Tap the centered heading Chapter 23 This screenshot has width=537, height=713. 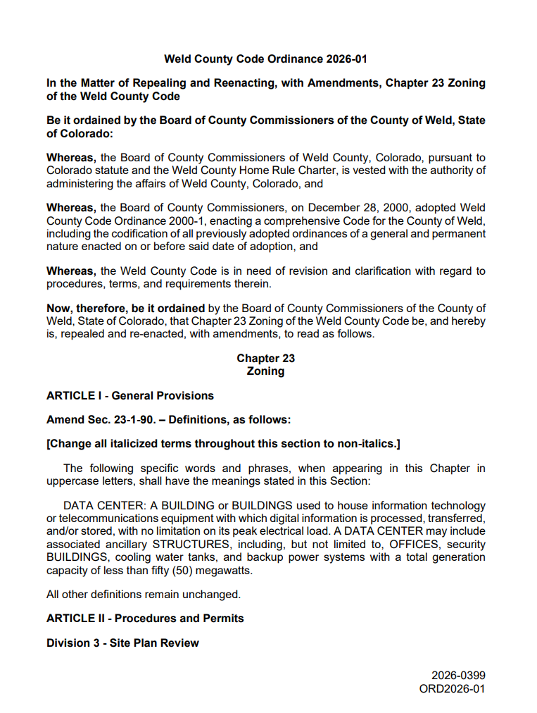(265, 359)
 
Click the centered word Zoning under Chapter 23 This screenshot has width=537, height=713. (265, 371)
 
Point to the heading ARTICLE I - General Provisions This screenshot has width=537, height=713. (130, 396)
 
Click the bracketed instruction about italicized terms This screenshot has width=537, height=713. (223, 444)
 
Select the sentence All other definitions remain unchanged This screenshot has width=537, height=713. (144, 594)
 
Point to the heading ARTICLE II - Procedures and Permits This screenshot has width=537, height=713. (145, 619)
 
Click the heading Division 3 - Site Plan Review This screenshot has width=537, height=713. (122, 643)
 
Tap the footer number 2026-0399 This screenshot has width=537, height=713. (458, 676)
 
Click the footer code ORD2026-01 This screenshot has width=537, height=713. (452, 688)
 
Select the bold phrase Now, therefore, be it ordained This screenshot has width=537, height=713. (125, 309)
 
